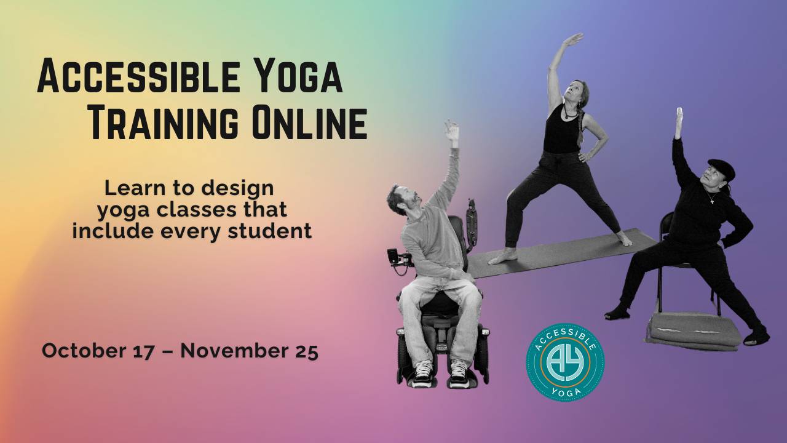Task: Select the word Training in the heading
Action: (x=163, y=122)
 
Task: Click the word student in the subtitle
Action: (x=276, y=231)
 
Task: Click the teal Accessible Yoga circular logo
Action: (x=565, y=362)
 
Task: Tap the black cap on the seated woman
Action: (x=721, y=167)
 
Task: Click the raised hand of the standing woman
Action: (x=572, y=40)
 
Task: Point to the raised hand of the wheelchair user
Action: (x=452, y=130)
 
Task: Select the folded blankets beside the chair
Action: (x=694, y=331)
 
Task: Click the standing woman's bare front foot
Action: (x=502, y=257)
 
